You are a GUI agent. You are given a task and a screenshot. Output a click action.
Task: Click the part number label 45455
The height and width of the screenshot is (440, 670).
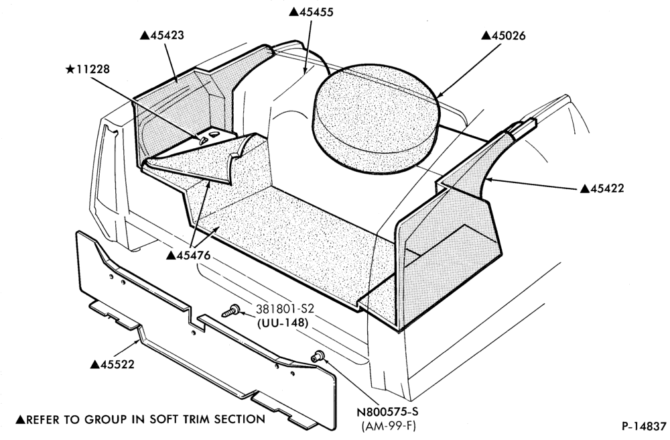tap(311, 12)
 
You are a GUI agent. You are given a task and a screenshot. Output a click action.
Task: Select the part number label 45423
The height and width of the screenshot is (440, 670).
tap(162, 35)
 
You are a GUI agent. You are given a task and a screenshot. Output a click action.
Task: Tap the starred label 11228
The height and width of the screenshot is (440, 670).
tap(88, 69)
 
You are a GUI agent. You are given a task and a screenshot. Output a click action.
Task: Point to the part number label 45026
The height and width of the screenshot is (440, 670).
tap(503, 36)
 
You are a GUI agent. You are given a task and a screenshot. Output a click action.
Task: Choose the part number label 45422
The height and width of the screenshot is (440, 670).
tap(602, 188)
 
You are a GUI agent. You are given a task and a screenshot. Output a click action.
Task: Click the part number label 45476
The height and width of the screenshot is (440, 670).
tap(188, 256)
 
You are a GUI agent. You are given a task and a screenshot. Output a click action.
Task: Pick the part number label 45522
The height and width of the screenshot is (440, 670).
tap(113, 364)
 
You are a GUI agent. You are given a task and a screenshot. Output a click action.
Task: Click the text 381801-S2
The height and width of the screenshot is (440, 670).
tap(282, 309)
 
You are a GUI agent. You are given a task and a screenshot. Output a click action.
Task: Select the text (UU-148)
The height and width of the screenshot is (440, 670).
tap(283, 323)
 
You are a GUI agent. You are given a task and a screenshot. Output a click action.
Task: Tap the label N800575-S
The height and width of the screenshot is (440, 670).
tap(387, 412)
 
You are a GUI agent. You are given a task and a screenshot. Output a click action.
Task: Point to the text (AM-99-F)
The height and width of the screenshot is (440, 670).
tap(388, 427)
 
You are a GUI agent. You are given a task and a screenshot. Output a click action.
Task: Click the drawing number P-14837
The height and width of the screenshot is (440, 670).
tap(644, 426)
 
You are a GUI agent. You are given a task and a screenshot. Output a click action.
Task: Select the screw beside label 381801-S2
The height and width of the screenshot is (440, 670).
tap(230, 311)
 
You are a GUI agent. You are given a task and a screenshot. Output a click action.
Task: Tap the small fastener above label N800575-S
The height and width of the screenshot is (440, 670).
tap(317, 355)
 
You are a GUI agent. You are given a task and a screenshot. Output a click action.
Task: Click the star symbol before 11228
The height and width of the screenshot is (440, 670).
tap(70, 69)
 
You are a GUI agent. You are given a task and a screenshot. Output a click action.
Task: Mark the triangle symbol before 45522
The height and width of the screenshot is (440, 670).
tap(95, 364)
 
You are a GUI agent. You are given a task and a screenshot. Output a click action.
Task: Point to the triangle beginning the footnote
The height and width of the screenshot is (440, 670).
tap(21, 419)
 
